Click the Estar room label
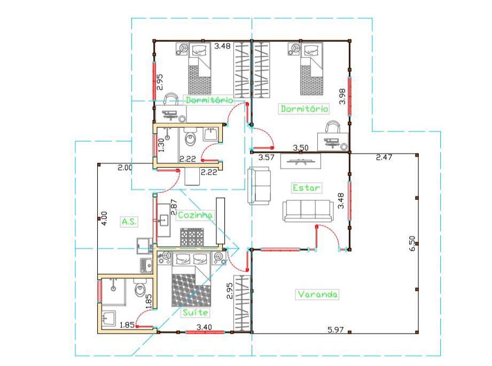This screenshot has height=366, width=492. click(306, 188)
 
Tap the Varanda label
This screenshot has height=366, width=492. click(317, 294)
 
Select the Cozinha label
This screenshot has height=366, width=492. click(195, 215)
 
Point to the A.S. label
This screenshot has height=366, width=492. click(129, 222)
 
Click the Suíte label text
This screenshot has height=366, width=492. click(196, 313)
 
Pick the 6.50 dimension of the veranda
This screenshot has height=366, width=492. click(412, 243)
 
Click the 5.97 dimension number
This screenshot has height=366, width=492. click(335, 330)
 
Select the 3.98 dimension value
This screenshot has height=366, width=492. click(342, 96)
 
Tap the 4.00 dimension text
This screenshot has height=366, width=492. click(105, 218)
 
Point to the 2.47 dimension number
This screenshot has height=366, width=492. click(384, 157)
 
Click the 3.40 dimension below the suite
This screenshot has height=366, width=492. click(204, 327)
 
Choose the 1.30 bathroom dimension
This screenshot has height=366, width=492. click(161, 145)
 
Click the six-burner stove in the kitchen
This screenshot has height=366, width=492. click(192, 237)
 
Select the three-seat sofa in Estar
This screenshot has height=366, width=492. click(308, 211)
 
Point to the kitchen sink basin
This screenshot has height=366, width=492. click(163, 220)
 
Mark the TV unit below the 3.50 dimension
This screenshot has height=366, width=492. click(301, 161)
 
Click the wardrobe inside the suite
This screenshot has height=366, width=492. click(242, 303)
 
